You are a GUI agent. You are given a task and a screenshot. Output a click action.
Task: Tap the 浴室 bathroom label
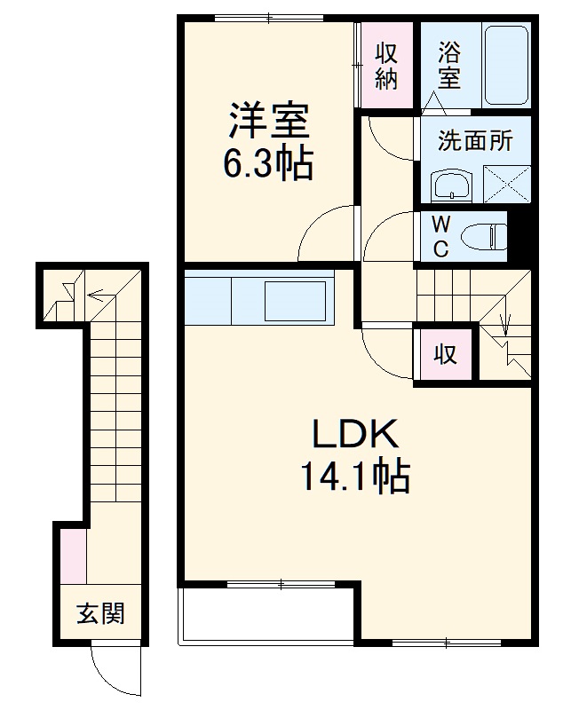click(x=449, y=65)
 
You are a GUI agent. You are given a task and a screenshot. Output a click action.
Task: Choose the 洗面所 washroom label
click(x=475, y=140)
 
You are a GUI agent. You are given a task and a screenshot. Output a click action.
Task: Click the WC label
click(x=440, y=235)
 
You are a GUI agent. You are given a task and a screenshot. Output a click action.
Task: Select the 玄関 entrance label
click(x=99, y=613)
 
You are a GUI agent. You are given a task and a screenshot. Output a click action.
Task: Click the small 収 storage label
click(x=445, y=355)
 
